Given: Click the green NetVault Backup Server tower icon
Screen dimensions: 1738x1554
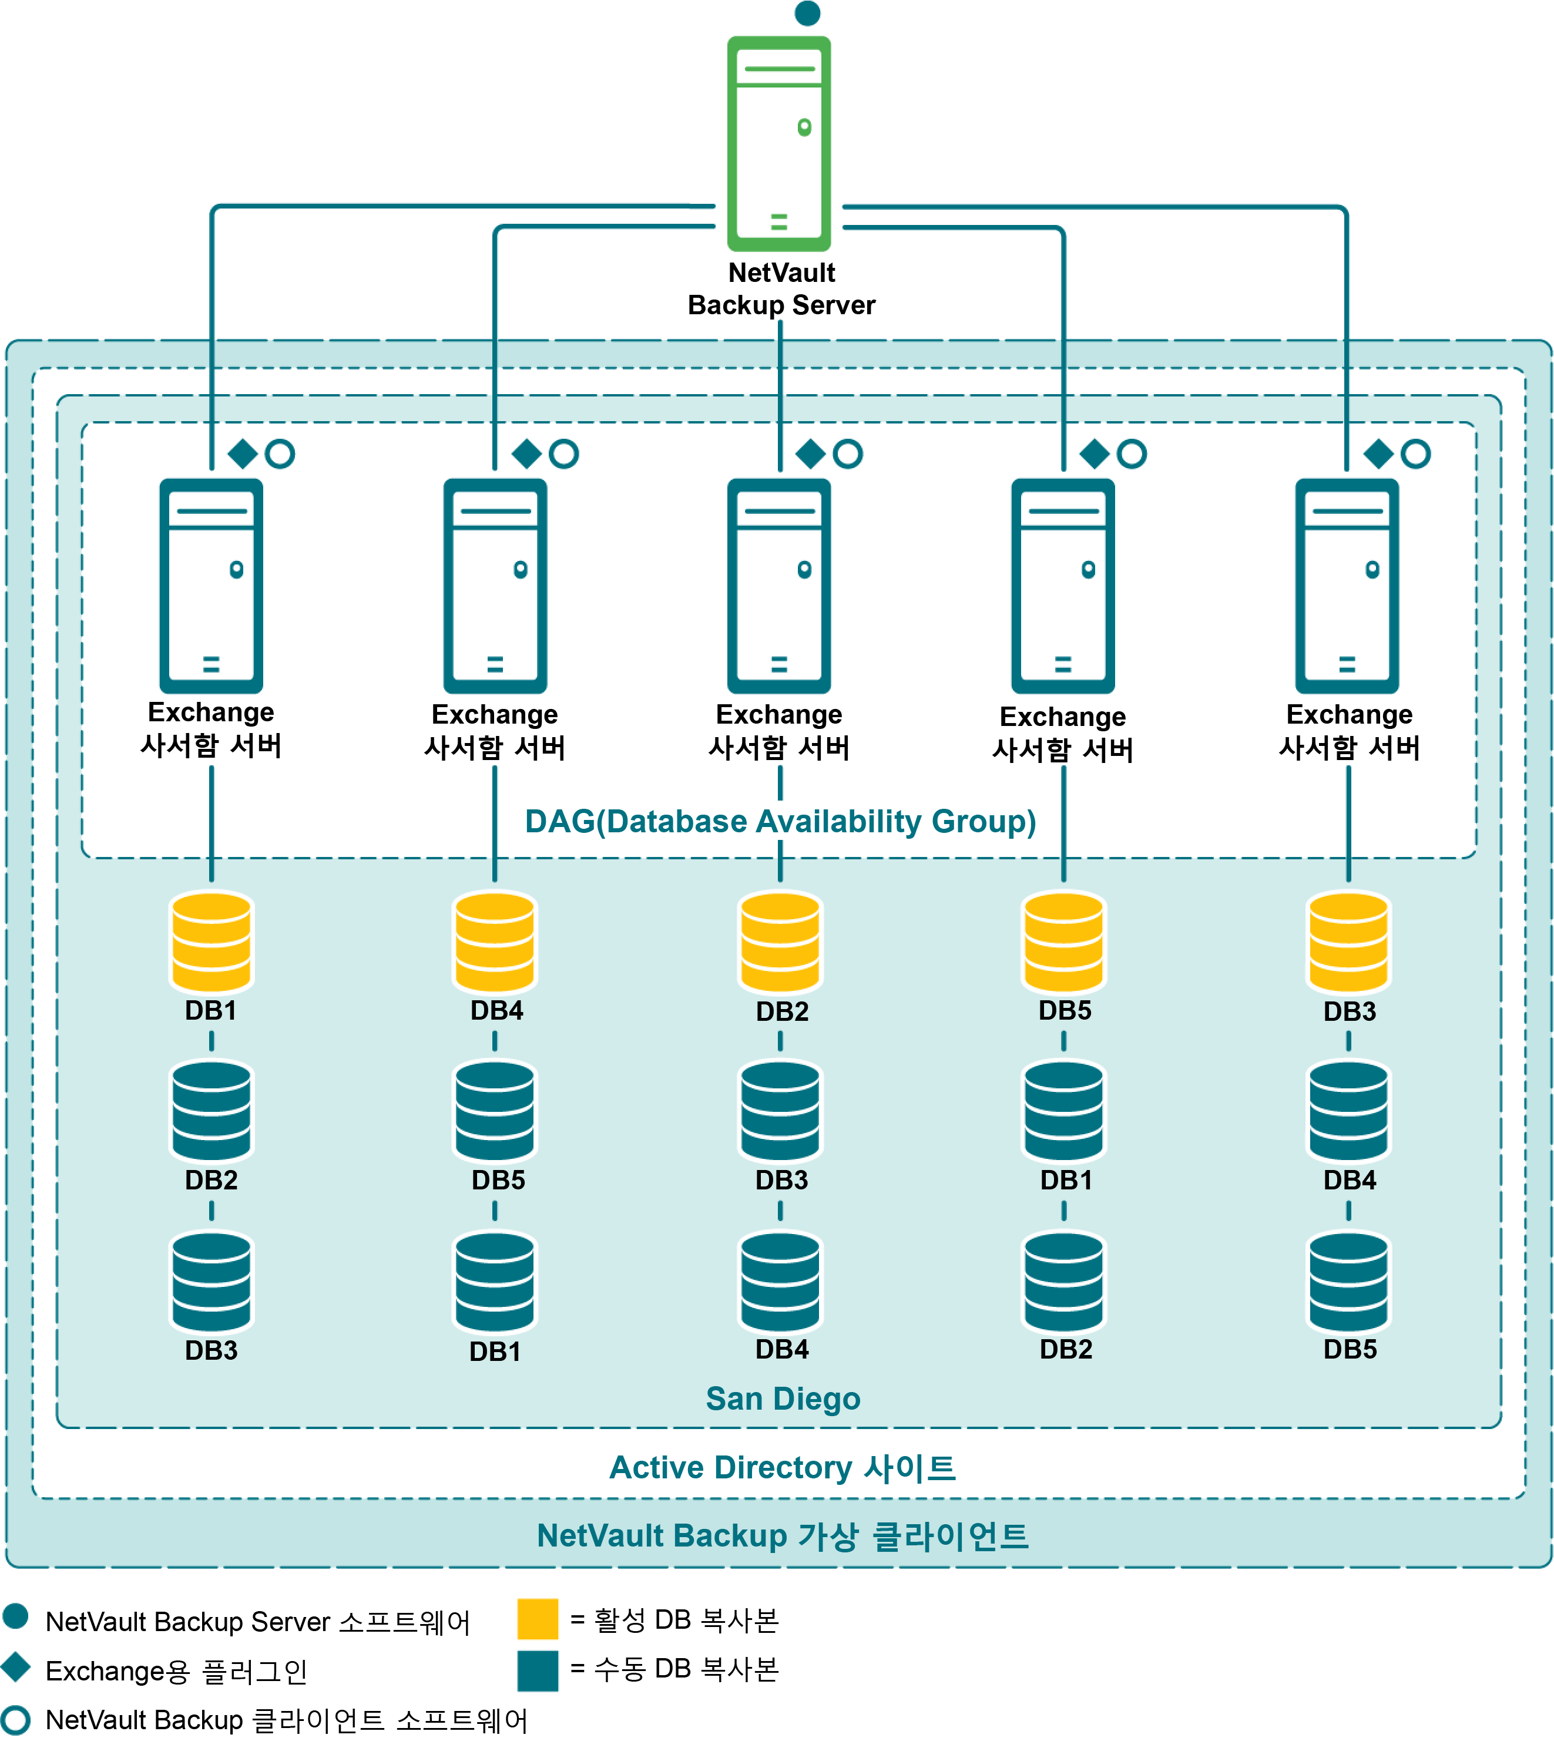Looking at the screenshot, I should pos(778,143).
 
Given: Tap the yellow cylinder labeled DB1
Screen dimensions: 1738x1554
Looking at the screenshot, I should pos(212,942).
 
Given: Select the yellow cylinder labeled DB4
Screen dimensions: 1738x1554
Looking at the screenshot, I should pos(495,942).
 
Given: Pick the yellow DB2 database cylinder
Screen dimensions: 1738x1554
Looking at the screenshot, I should pos(780,942).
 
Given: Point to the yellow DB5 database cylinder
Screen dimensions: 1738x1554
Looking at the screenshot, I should pos(1064,942).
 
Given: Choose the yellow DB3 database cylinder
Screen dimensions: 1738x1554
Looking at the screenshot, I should pos(1349,942).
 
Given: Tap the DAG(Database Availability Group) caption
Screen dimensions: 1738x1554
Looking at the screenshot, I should pos(780,821).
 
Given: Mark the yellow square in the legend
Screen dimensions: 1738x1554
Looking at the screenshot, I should pos(538,1619).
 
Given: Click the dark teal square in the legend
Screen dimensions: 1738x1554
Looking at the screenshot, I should pos(538,1670).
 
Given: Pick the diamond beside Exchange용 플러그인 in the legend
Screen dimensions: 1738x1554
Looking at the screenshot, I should pos(16,1667).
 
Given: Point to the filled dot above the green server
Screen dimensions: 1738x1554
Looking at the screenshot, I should pos(807,13).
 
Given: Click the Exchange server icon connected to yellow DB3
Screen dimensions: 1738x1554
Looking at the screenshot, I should pos(1347,586).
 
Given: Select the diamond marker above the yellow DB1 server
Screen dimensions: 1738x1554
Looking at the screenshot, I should pos(243,453).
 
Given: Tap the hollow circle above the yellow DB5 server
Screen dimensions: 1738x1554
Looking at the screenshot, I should pos(1132,453).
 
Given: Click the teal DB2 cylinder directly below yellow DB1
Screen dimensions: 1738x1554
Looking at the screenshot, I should pos(212,1111).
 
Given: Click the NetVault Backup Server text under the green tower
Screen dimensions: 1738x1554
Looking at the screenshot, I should pos(781,288).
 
